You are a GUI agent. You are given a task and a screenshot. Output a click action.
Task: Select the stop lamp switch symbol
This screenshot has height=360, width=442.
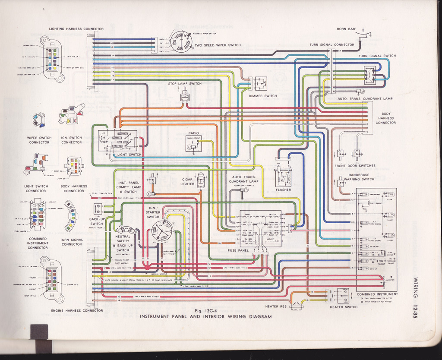click(185, 96)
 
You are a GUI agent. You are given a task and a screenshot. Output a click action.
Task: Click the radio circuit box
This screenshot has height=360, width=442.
click(193, 143)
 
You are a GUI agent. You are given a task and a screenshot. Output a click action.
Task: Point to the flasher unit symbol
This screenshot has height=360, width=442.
click(283, 177)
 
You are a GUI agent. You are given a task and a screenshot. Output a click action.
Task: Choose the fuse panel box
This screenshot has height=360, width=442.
click(260, 229)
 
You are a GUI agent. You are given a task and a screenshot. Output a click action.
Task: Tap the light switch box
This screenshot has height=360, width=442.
click(117, 141)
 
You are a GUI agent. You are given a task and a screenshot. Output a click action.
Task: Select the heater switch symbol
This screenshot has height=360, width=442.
click(344, 296)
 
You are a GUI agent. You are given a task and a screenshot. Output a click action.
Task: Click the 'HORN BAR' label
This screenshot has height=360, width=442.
click(346, 29)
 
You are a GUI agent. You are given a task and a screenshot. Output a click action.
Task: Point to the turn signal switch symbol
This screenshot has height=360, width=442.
click(370, 75)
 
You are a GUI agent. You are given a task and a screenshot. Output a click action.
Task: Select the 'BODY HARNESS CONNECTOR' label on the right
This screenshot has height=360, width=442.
click(385, 118)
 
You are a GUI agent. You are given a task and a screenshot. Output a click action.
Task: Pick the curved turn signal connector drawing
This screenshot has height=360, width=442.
click(71, 215)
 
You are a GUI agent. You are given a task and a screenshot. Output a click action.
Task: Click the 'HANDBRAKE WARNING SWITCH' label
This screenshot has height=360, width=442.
click(356, 177)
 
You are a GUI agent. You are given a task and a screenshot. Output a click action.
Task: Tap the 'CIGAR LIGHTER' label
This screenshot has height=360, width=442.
click(187, 182)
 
